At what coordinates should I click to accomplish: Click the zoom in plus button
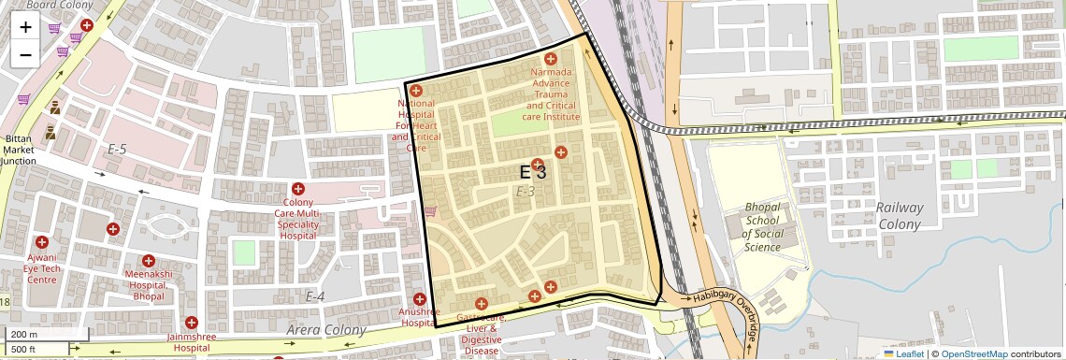(25, 26)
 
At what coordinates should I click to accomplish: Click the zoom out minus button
(25, 54)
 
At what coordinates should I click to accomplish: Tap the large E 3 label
(532, 172)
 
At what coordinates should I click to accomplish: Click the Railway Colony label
(900, 216)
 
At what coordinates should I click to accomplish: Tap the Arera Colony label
(328, 330)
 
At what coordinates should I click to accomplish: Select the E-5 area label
(117, 149)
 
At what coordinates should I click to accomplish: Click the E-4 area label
(315, 296)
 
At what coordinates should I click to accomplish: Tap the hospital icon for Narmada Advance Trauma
(551, 59)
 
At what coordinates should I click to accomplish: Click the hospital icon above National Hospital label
(416, 91)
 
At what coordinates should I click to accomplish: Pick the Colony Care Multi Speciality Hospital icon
(298, 189)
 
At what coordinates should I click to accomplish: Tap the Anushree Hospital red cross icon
(420, 298)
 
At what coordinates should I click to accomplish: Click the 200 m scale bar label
(24, 334)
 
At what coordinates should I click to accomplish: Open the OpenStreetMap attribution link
(973, 353)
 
